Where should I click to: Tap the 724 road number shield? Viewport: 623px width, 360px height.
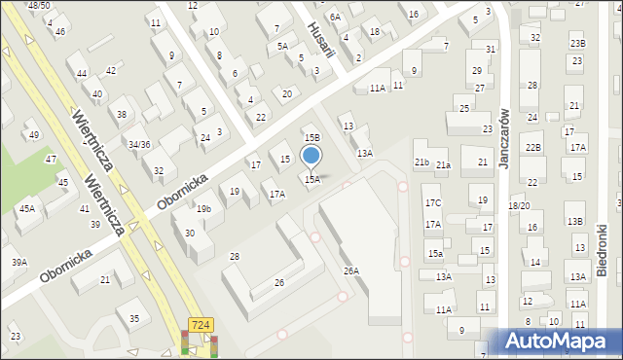pos(201,325)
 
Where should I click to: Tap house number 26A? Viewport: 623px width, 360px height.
pos(350,271)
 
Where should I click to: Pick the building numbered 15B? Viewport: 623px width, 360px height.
pos(311,139)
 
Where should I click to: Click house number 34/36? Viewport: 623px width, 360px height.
pos(139,145)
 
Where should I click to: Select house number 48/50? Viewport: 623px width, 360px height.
pos(39,6)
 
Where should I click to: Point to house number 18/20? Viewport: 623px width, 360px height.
pos(518,206)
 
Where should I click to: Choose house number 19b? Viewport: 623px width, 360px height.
pos(202,209)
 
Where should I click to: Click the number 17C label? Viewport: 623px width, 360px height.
pos(432,202)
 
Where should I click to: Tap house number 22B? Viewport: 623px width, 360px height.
pos(532,147)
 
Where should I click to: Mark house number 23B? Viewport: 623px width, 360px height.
pos(578,44)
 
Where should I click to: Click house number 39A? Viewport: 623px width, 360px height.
pos(18,262)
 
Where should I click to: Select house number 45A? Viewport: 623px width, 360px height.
pos(26,208)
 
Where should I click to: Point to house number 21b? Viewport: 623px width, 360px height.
pos(421,162)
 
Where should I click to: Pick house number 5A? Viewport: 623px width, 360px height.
pos(282,46)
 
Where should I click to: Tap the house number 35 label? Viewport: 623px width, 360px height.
pos(134,318)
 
